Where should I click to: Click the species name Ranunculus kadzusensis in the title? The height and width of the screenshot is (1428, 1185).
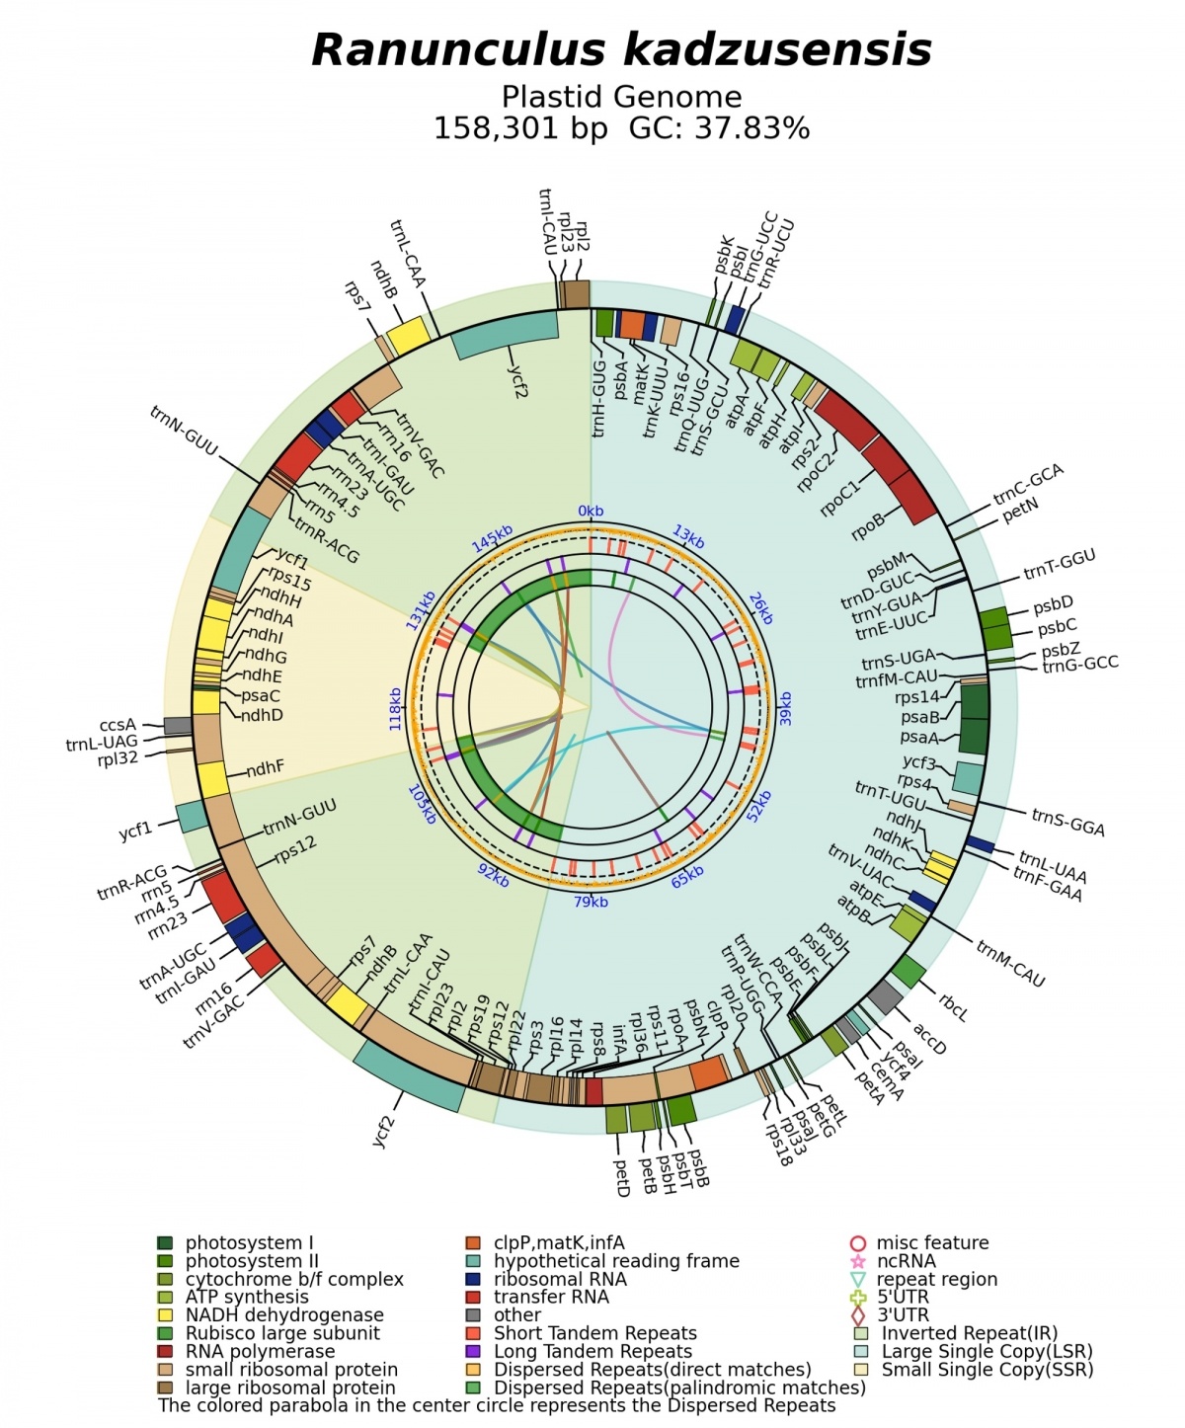[x=621, y=50]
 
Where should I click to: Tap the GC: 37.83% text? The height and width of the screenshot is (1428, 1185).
[x=719, y=128]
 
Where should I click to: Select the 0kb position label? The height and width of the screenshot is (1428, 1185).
[x=591, y=511]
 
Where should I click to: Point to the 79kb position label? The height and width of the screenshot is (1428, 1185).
[x=591, y=902]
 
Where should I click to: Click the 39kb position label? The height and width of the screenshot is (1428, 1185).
[x=785, y=708]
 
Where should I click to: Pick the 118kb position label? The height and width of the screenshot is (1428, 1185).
[x=395, y=708]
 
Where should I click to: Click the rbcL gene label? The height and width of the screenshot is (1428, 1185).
[x=953, y=1007]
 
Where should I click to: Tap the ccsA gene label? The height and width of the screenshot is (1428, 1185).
[x=118, y=725]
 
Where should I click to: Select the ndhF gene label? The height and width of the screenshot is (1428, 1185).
[x=266, y=768]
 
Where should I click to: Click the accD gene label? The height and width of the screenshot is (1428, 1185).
[x=929, y=1039]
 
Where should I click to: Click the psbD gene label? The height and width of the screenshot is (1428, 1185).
[x=1053, y=605]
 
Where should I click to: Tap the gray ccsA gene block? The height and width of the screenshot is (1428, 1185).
[x=178, y=725]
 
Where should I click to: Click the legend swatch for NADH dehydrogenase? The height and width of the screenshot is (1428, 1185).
[x=165, y=1315]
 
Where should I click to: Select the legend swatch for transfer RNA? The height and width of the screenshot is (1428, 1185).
[x=473, y=1297]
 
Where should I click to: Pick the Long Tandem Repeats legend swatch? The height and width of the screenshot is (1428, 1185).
[x=473, y=1351]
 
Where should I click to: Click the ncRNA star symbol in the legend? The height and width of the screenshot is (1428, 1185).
[x=858, y=1260]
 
